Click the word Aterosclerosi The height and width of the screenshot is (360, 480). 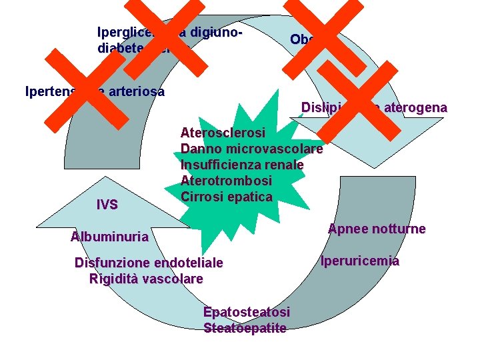click(x=223, y=133)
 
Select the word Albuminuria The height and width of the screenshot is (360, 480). click(x=109, y=237)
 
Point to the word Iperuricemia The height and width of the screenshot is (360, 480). click(x=360, y=261)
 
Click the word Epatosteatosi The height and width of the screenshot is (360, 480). click(x=247, y=312)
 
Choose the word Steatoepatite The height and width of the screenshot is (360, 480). click(x=245, y=327)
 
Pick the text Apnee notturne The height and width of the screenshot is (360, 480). click(x=377, y=229)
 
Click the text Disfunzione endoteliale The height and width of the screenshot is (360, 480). click(x=149, y=263)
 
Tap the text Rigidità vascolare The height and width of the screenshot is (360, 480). click(x=146, y=279)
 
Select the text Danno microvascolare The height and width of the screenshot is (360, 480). click(x=251, y=149)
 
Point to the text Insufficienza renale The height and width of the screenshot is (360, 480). click(x=242, y=165)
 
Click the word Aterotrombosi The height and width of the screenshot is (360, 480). click(x=226, y=181)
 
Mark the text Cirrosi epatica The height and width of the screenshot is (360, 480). click(x=226, y=197)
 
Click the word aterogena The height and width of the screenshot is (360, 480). click(x=417, y=107)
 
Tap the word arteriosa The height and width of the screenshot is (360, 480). click(x=137, y=92)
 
